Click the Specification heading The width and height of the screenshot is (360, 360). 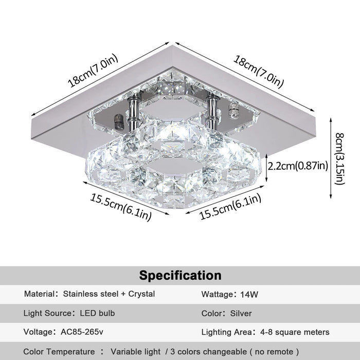click(x=180, y=275)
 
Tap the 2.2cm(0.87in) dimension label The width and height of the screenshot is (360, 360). click(x=298, y=166)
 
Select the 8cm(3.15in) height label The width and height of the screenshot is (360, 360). click(x=340, y=158)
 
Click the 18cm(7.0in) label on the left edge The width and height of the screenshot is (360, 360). click(x=93, y=70)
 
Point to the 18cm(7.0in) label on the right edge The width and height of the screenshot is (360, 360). click(x=259, y=71)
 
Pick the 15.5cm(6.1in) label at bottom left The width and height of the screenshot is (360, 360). click(x=121, y=207)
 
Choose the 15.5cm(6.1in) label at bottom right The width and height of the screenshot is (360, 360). click(x=230, y=206)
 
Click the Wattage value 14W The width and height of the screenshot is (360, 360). click(x=249, y=294)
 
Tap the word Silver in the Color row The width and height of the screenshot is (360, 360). click(x=241, y=313)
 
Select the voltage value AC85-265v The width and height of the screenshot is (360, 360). click(x=82, y=332)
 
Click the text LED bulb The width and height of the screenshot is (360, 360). click(x=97, y=313)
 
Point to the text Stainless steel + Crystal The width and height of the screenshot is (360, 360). click(x=109, y=294)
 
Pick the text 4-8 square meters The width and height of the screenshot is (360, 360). click(x=295, y=332)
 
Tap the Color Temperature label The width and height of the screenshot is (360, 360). click(x=59, y=352)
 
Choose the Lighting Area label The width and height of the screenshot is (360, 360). click(x=226, y=332)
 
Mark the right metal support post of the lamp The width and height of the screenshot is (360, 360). click(x=212, y=113)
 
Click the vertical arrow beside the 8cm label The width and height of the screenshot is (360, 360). click(x=331, y=158)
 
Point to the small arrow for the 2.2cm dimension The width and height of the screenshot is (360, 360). click(x=266, y=168)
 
